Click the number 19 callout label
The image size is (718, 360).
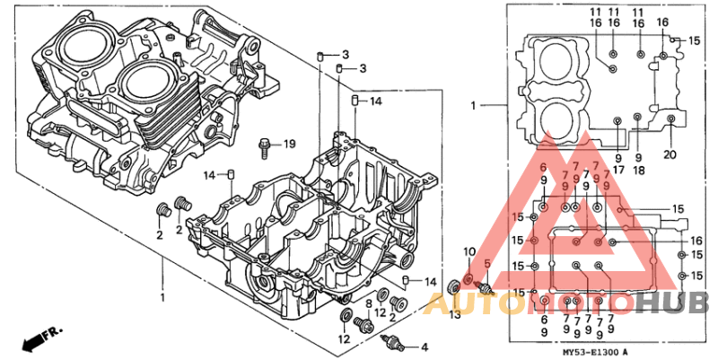pyautogui.click(x=289, y=144)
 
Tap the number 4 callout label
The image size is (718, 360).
pyautogui.click(x=425, y=347)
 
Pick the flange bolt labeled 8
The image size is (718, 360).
pyautogui.click(x=367, y=329)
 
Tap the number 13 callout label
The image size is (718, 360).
pyautogui.click(x=455, y=314)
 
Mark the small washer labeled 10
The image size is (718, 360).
pyautogui.click(x=468, y=282)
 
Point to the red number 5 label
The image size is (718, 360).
pyautogui.click(x=487, y=263)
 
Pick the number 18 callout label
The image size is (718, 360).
pyautogui.click(x=638, y=169)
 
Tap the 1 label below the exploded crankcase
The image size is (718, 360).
pyautogui.click(x=162, y=296)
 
